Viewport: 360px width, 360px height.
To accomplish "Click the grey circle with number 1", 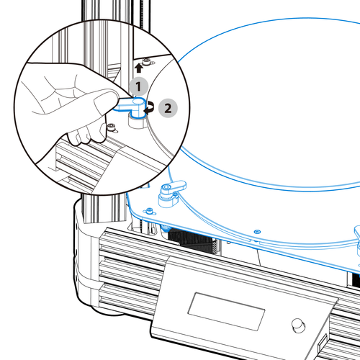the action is pos(139,86).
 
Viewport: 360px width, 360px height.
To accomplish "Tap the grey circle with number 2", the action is pos(168,108).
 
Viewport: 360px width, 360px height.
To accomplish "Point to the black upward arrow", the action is pos(139,68).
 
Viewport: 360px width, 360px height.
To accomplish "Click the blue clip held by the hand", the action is pos(132,107).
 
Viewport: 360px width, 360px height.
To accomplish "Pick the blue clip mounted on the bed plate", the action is pos(171,193).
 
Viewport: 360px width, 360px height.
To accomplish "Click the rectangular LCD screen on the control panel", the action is pos(226,311).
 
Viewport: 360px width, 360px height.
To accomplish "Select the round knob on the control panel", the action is pos(298,325).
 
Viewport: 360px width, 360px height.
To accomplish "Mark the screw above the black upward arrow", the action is pos(147,61).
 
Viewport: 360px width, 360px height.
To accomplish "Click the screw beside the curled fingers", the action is pos(112,127).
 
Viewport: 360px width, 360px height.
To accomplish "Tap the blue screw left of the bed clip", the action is pos(150,211).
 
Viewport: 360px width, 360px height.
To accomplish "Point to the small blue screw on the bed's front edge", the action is pos(257,232).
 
